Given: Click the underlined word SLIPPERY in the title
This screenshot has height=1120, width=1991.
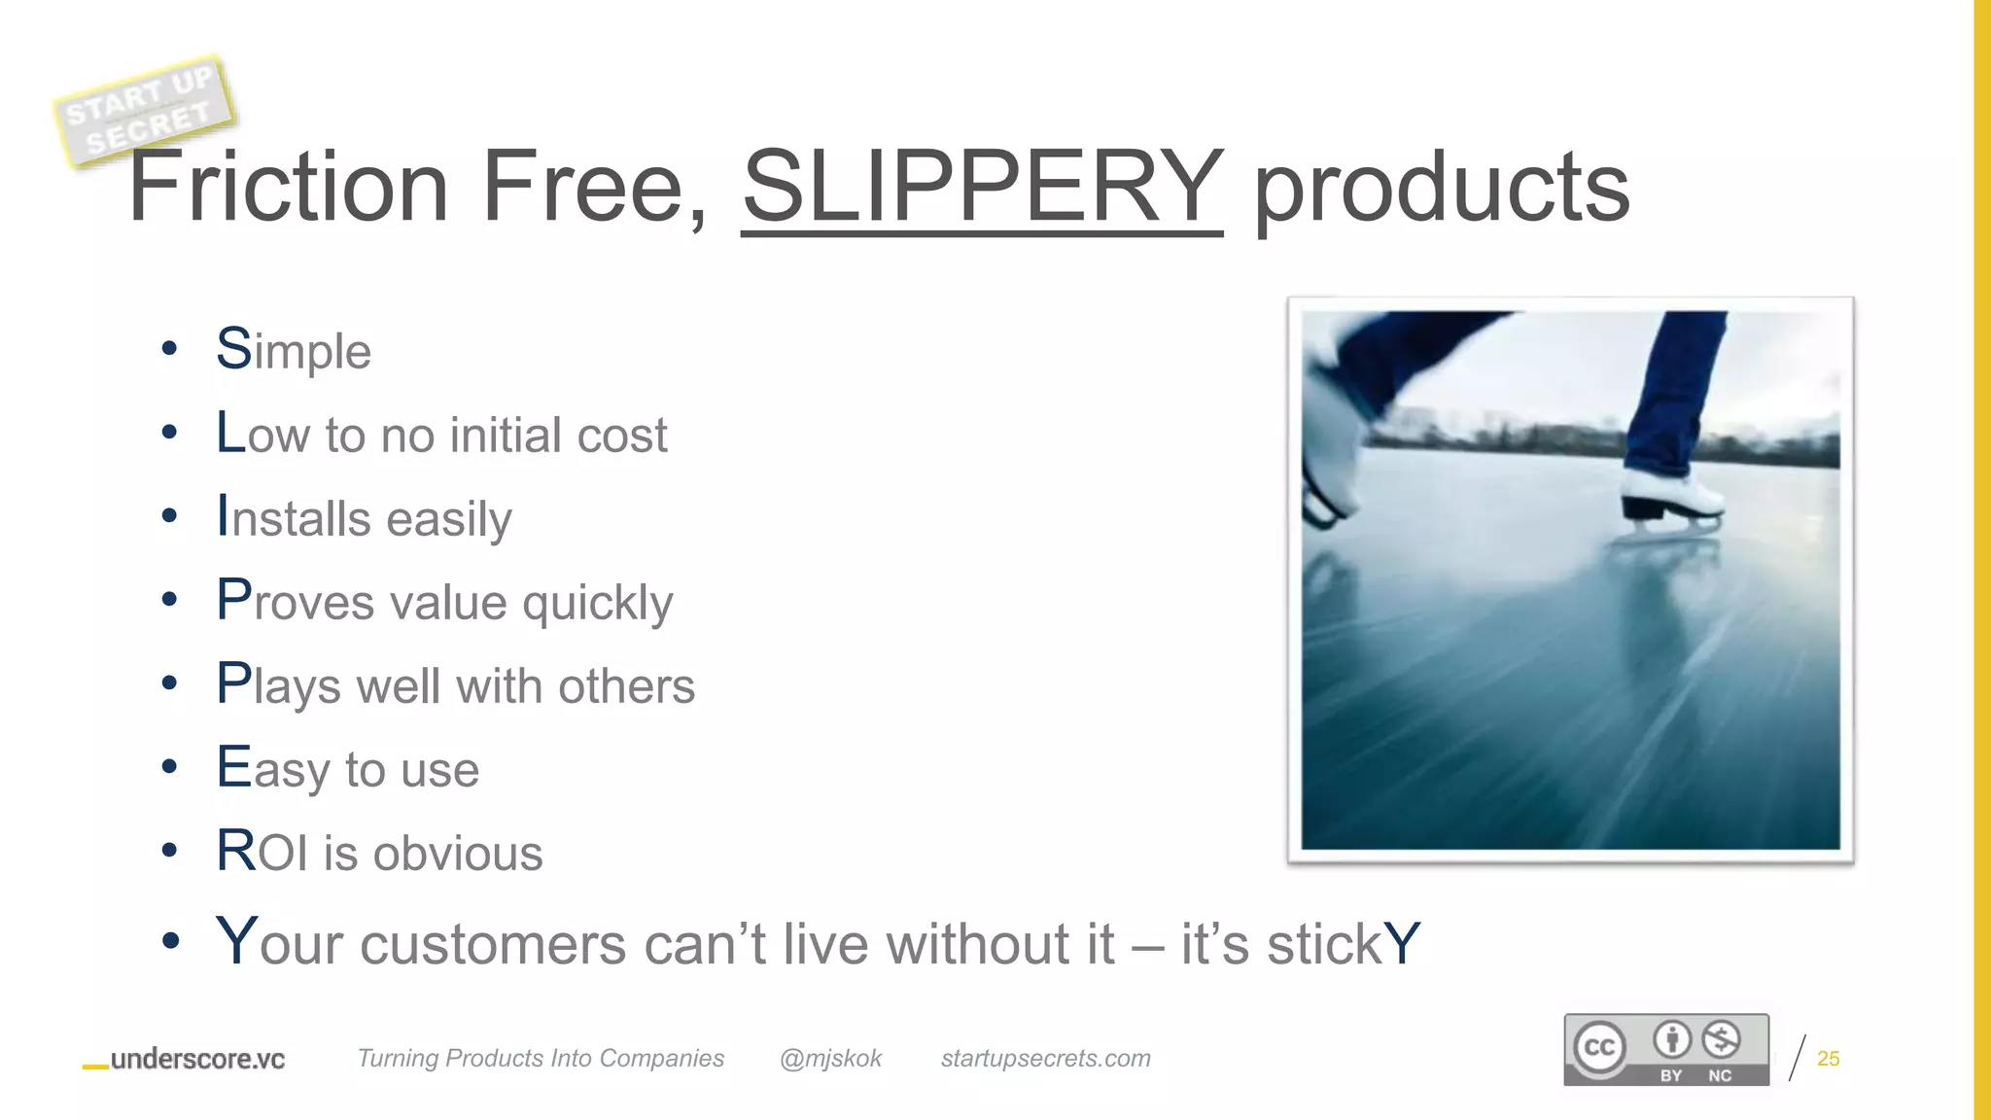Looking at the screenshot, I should pyautogui.click(x=982, y=186).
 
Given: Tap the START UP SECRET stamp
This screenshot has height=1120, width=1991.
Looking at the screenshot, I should pyautogui.click(x=144, y=111).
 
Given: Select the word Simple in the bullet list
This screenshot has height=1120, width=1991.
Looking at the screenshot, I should pyautogui.click(x=294, y=350).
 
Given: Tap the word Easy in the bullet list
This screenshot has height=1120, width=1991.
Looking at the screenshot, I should pyautogui.click(x=273, y=769).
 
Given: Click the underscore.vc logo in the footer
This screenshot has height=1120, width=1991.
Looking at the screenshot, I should pyautogui.click(x=186, y=1059).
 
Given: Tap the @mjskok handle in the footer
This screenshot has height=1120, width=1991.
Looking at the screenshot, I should pyautogui.click(x=830, y=1058).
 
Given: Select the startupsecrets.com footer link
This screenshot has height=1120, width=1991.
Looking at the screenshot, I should pyautogui.click(x=1045, y=1058).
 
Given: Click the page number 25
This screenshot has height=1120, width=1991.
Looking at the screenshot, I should pyautogui.click(x=1828, y=1059).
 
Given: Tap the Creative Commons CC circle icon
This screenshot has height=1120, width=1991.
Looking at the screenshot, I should pyautogui.click(x=1599, y=1047).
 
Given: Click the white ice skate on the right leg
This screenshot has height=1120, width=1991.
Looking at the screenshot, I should pyautogui.click(x=1671, y=496).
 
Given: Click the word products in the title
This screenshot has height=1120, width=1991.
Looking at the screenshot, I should pyautogui.click(x=1442, y=188).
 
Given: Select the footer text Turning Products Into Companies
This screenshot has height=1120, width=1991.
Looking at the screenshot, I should pyautogui.click(x=541, y=1058).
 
